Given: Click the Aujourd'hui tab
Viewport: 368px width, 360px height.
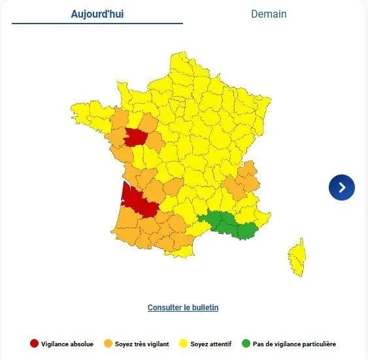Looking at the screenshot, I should [97, 14].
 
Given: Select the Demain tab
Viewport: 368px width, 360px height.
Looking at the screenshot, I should [269, 14].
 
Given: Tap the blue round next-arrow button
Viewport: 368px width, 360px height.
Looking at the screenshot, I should [341, 188].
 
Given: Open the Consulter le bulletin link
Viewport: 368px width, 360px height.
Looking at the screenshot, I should [183, 307].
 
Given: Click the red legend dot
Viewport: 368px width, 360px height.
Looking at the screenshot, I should [34, 344].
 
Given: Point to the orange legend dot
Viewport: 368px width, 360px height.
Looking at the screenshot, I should [108, 344].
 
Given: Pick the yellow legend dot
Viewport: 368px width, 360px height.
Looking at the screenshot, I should [183, 344].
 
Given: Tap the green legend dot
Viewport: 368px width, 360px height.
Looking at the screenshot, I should [246, 344].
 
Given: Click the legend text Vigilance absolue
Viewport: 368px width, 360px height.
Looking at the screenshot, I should [67, 344].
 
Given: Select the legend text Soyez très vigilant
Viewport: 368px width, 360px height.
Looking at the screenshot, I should [142, 344].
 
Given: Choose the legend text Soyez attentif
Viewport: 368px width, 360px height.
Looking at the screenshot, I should [210, 344].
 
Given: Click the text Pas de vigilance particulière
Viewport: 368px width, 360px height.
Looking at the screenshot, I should [295, 344].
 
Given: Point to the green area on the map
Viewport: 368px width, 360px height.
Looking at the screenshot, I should [229, 223].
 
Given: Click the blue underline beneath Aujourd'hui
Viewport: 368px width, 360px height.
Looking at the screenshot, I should [97, 24].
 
